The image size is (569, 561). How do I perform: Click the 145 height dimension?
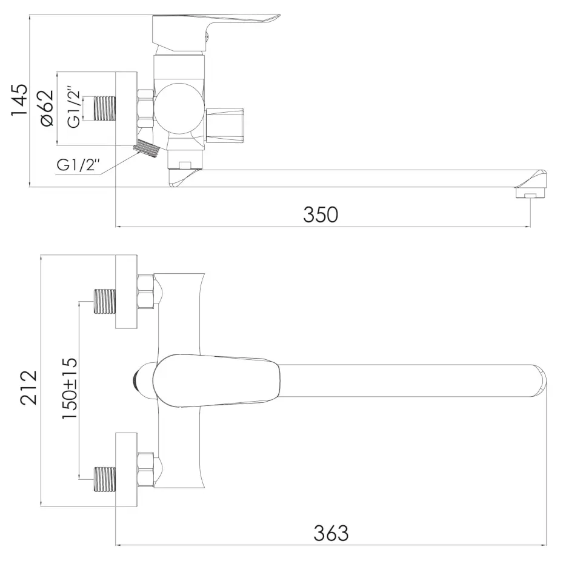click(x=19, y=100)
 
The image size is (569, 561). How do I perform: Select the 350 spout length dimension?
click(x=321, y=214)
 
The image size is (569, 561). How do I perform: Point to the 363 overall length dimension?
click(x=331, y=533)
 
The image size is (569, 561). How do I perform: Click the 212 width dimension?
click(x=28, y=387)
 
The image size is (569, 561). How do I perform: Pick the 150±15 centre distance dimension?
click(x=69, y=388)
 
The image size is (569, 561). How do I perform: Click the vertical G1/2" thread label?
click(x=74, y=107)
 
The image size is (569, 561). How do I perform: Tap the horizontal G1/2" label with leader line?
click(x=78, y=165)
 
